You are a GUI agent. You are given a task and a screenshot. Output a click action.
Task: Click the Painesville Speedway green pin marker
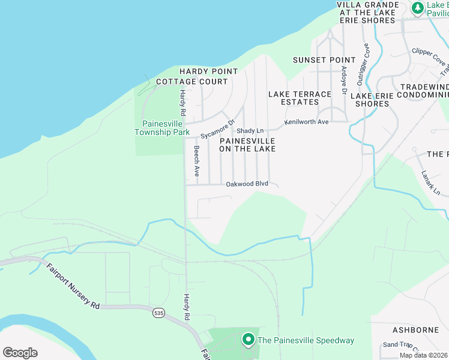click(248, 340)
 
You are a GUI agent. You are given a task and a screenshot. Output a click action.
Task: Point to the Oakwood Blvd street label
click(247, 184)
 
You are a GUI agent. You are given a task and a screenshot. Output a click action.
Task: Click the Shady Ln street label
click(250, 131)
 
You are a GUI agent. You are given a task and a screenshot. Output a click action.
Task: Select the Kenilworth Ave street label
click(307, 122)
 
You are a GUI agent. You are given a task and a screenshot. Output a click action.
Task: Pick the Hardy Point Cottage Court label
click(192, 76)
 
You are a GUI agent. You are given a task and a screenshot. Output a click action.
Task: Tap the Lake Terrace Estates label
click(300, 98)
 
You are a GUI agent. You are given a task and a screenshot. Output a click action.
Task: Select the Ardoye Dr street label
click(344, 79)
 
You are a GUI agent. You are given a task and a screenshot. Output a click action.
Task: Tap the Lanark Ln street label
click(430, 183)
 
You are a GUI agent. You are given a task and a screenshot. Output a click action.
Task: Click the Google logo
click(20, 353)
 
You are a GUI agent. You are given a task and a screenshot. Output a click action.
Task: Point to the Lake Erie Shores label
click(373, 100)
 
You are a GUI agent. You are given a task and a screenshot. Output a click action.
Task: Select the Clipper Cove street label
click(429, 57)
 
